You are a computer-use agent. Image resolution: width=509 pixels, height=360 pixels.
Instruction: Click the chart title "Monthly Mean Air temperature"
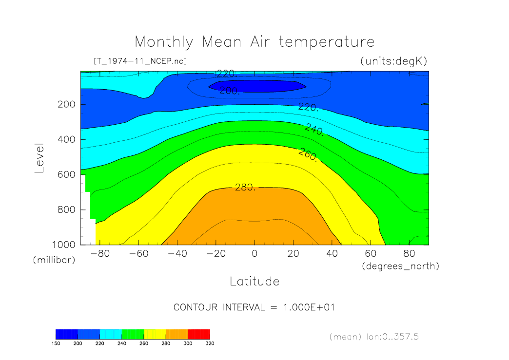[x=254, y=42]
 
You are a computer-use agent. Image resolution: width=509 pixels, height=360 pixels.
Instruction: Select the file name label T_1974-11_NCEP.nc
[x=140, y=61]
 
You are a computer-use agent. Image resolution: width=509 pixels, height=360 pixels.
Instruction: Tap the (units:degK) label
[x=393, y=61]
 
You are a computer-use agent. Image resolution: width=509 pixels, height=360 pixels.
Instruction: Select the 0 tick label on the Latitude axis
[x=254, y=254]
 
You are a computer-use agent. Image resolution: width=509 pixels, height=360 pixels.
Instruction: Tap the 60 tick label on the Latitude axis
[x=371, y=254]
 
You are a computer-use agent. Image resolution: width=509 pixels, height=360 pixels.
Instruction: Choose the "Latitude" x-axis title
[x=254, y=281]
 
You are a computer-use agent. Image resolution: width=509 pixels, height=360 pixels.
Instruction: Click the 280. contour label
[x=245, y=188]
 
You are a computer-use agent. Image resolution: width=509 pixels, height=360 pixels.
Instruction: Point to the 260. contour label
[x=308, y=155]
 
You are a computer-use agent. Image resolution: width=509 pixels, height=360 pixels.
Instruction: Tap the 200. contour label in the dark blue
[x=229, y=91]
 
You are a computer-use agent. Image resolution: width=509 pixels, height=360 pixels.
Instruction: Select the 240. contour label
[x=314, y=130]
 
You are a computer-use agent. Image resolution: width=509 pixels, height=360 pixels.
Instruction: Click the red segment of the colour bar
[x=199, y=334]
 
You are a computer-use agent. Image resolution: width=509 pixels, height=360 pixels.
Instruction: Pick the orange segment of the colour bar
[x=176, y=334]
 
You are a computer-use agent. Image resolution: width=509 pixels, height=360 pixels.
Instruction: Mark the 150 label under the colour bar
[x=56, y=343]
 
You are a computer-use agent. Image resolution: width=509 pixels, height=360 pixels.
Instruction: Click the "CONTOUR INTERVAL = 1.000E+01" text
[x=254, y=307]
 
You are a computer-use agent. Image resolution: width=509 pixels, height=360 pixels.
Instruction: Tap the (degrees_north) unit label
[x=400, y=266]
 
